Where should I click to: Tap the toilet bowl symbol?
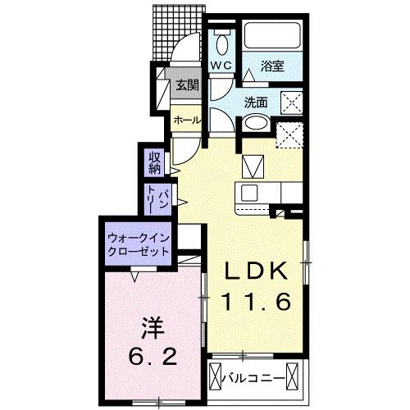(x=221, y=40)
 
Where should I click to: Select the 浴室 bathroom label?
(x=273, y=66)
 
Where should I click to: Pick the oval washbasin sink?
(x=255, y=125)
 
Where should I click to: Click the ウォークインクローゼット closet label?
(x=137, y=244)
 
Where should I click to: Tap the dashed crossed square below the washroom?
(x=291, y=134)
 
